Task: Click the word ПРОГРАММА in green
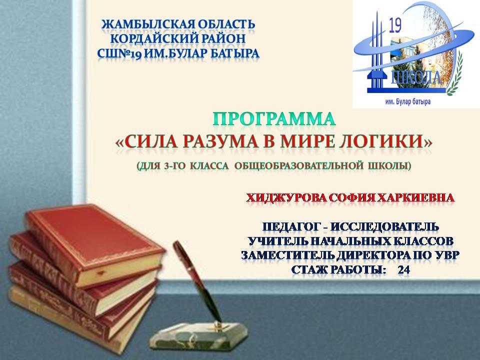pos(274,119)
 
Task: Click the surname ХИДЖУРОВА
pos(286,198)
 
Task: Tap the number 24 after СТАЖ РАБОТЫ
pos(404,270)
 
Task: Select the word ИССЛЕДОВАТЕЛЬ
pos(385,227)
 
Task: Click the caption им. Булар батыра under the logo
pos(408,102)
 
